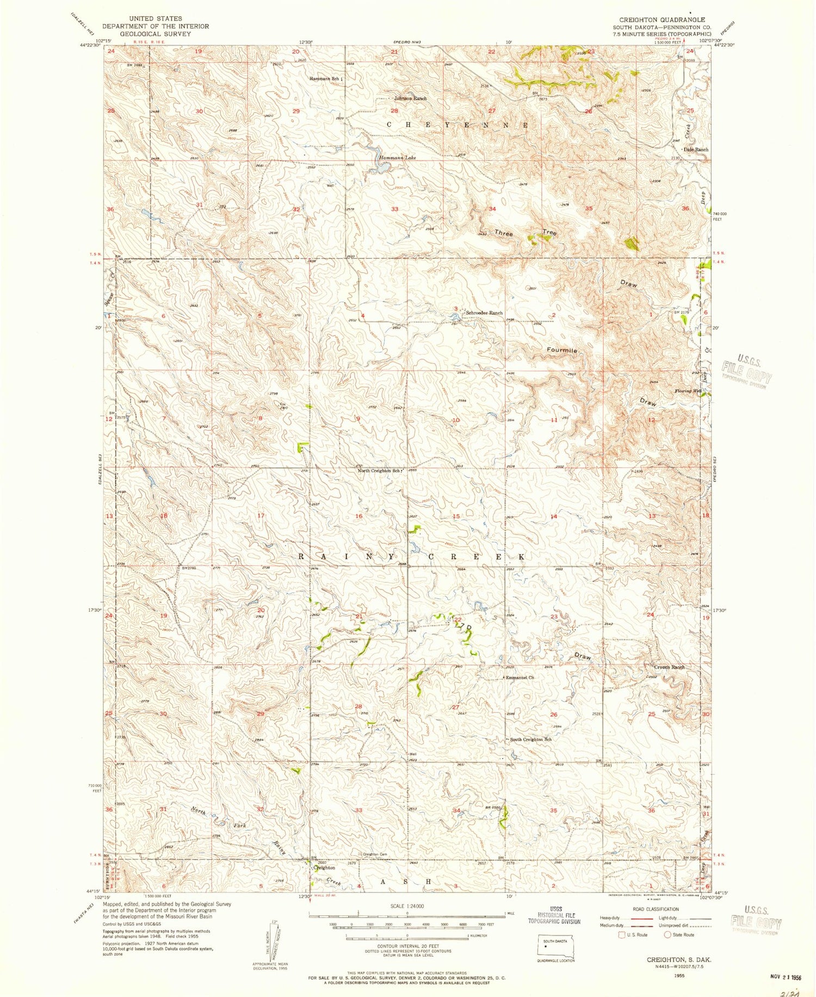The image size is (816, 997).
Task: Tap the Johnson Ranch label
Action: click(411, 99)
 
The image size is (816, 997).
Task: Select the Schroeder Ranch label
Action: click(484, 313)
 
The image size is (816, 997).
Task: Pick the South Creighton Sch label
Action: click(530, 740)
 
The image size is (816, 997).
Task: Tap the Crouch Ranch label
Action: click(669, 667)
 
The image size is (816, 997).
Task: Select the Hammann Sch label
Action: click(325, 79)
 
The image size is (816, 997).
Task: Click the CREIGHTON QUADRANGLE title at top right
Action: click(662, 20)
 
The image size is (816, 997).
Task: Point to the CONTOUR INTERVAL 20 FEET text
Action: click(407, 946)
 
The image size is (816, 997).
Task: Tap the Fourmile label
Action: click(562, 351)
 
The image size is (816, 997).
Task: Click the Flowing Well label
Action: click(687, 391)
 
